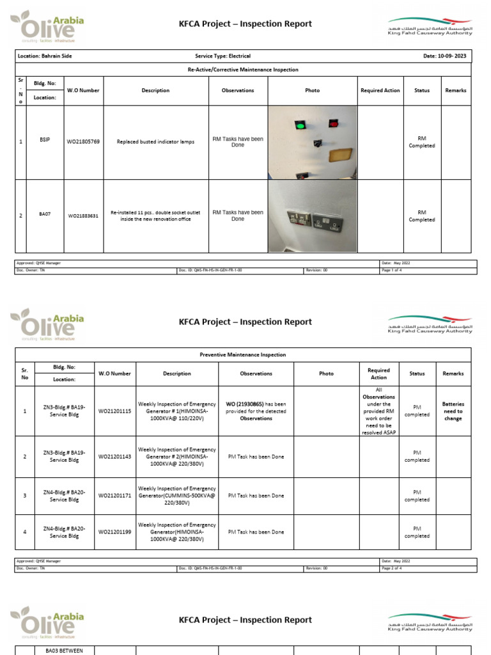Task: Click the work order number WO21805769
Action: pyautogui.click(x=83, y=142)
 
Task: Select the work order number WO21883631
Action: pyautogui.click(x=83, y=216)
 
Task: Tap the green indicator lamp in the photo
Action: pyautogui.click(x=300, y=124)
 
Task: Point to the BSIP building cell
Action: pyautogui.click(x=44, y=139)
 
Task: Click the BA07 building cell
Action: pyautogui.click(x=45, y=216)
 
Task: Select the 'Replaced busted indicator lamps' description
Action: pyautogui.click(x=155, y=142)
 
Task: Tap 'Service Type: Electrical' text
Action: pyautogui.click(x=222, y=56)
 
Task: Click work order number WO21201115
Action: pyautogui.click(x=114, y=411)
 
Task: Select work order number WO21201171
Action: pyautogui.click(x=114, y=496)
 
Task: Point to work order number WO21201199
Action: pyautogui.click(x=114, y=532)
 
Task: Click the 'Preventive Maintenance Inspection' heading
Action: pyautogui.click(x=243, y=354)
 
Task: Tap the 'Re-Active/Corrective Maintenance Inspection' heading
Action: pyautogui.click(x=243, y=70)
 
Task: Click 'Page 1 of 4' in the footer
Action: pyautogui.click(x=391, y=271)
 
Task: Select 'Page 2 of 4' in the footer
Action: pyautogui.click(x=391, y=568)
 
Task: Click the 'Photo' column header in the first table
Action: pyautogui.click(x=312, y=91)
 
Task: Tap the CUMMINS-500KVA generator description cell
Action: pyautogui.click(x=177, y=496)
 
